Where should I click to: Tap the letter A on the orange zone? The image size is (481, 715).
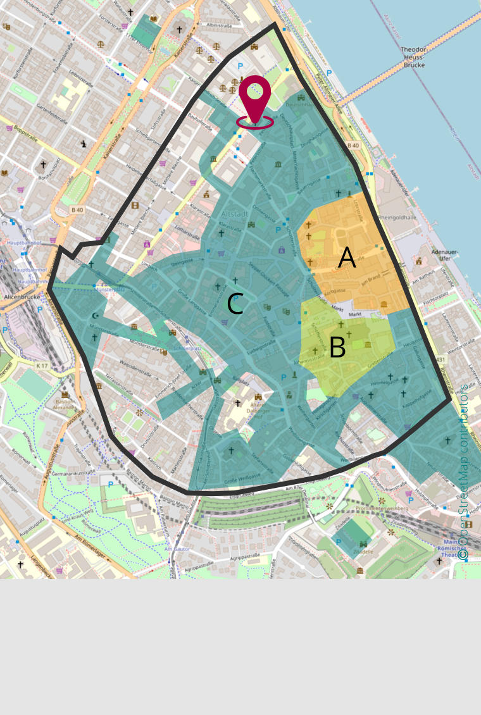tap(347, 258)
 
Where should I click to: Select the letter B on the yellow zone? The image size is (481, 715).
tap(337, 347)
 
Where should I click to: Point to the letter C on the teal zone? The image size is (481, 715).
tap(235, 304)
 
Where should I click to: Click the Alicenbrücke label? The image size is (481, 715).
tap(22, 296)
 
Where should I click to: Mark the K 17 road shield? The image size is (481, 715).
tap(42, 366)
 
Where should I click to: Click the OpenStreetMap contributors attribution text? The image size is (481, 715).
tap(463, 471)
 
